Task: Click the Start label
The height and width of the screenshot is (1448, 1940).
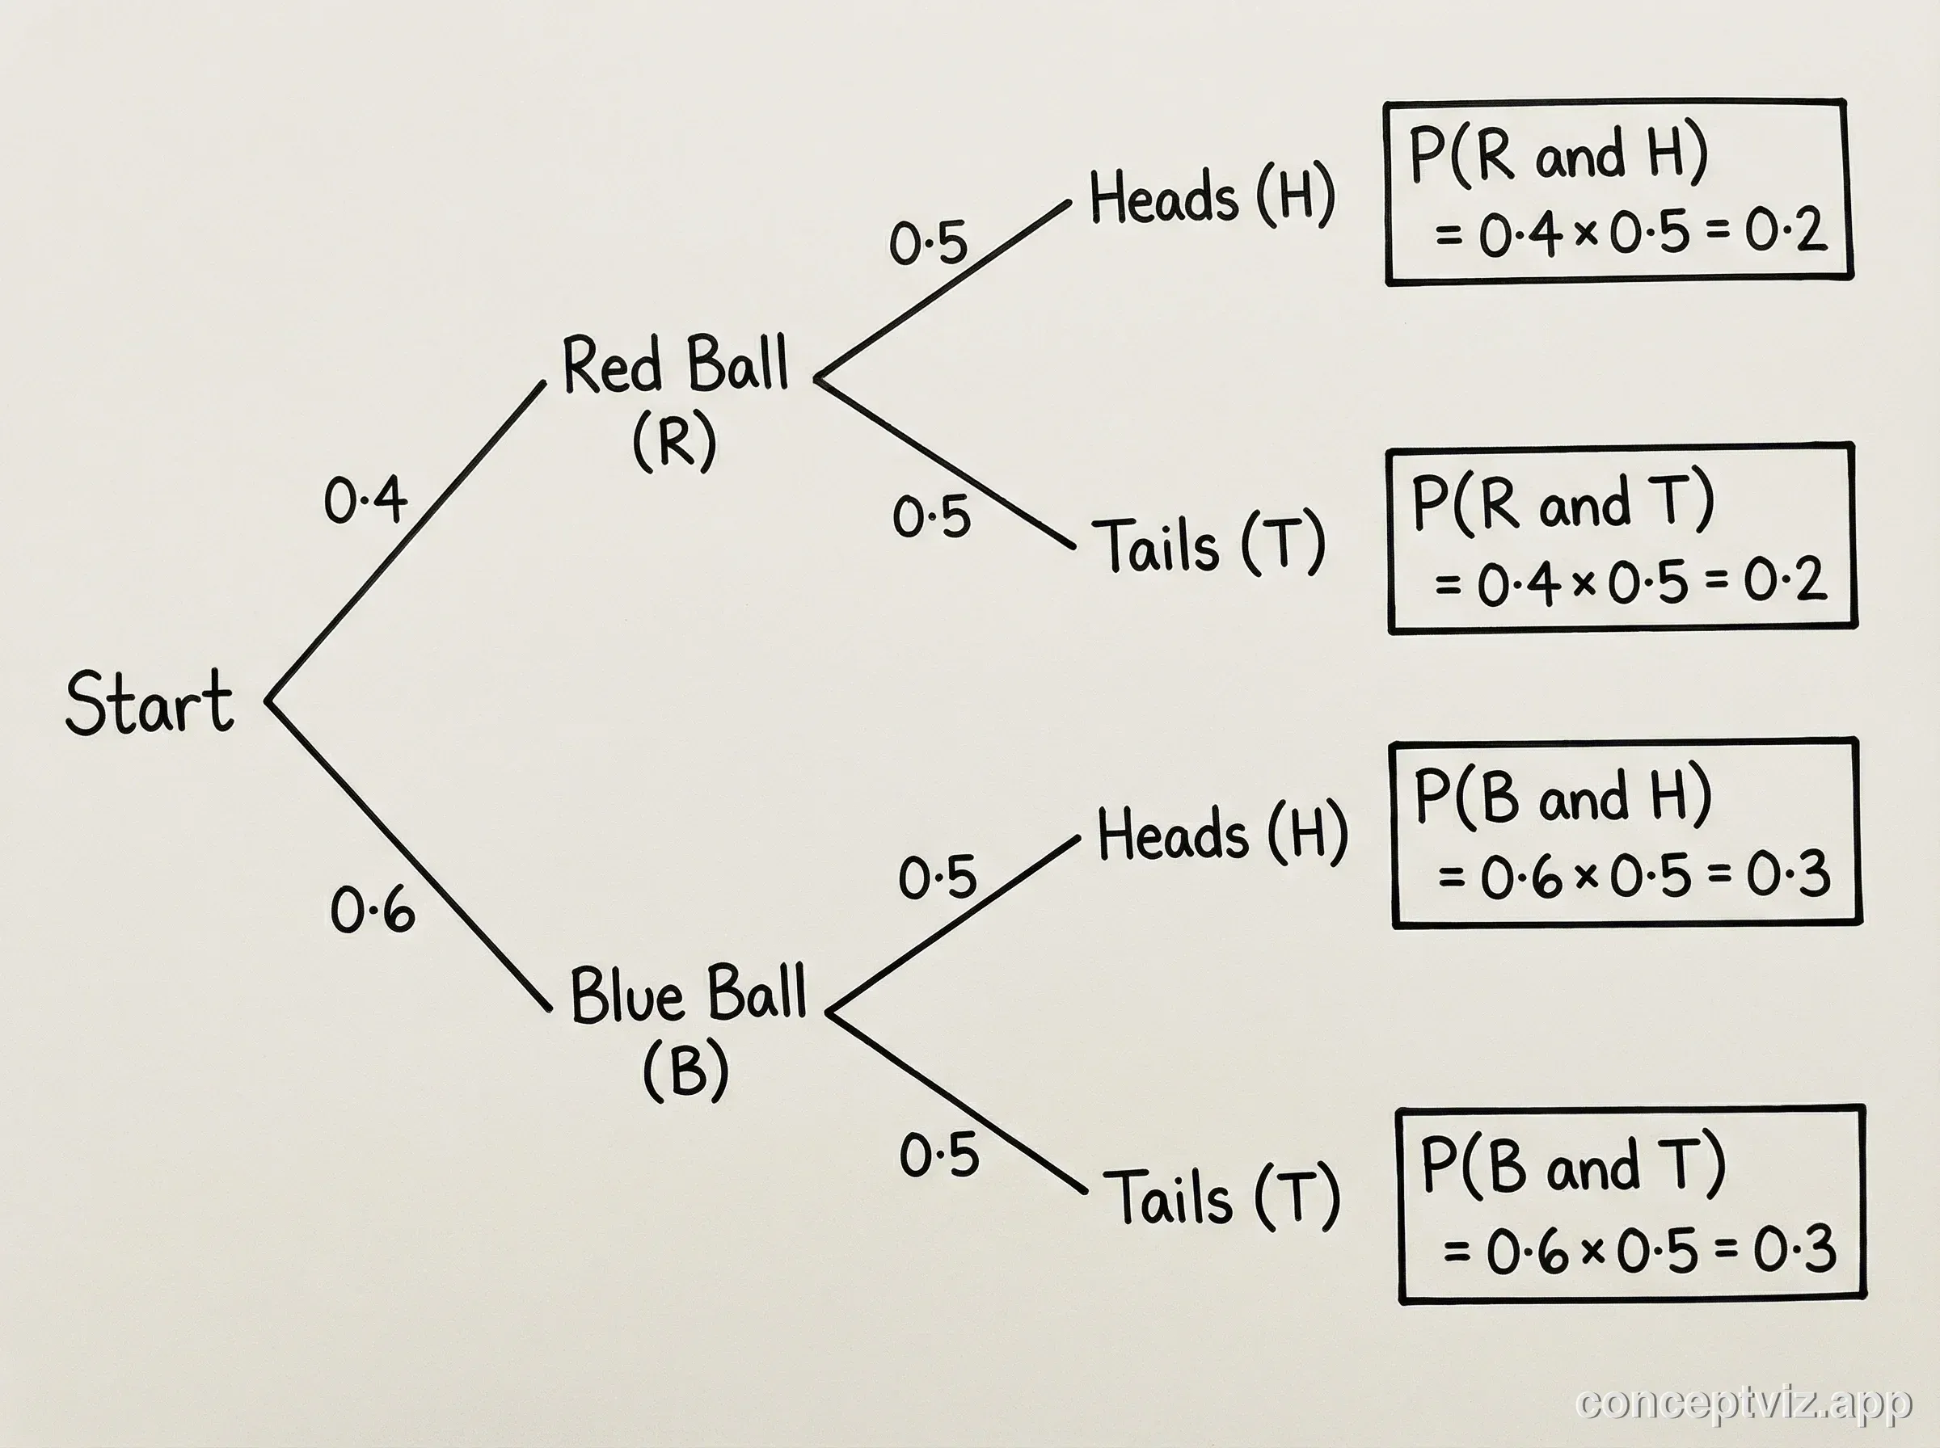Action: coord(149,703)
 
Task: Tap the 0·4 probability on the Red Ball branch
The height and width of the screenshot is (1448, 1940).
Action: coord(365,500)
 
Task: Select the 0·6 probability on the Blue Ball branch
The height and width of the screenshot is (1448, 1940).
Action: coord(373,910)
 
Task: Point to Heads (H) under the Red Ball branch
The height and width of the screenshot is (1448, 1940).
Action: coord(1212,196)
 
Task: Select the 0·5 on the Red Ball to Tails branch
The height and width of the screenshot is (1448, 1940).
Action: coord(931,516)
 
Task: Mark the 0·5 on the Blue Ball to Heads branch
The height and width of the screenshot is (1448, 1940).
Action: coord(937,878)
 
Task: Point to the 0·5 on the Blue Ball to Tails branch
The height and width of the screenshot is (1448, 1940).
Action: coord(939,1155)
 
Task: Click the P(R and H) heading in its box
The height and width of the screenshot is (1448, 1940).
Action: coord(1558,155)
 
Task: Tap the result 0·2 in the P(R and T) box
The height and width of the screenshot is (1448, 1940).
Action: coord(1785,580)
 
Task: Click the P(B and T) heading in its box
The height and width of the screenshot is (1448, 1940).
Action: coord(1573,1166)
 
